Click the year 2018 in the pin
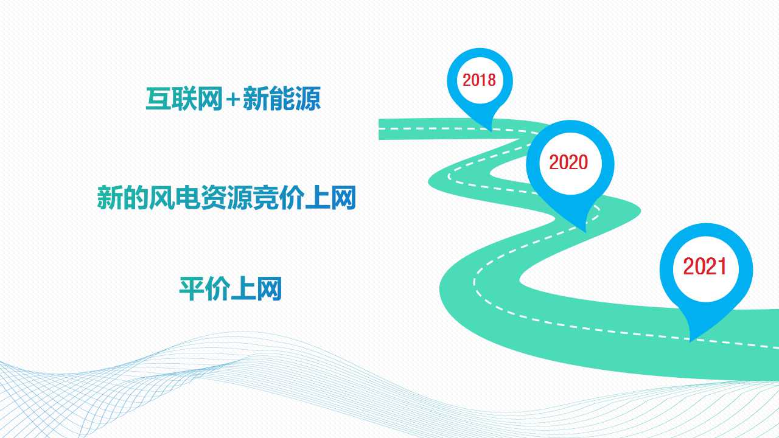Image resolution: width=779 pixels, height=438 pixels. pyautogui.click(x=479, y=80)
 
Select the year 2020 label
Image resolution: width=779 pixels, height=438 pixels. pyautogui.click(x=568, y=162)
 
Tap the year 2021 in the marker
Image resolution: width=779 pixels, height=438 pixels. pyautogui.click(x=705, y=266)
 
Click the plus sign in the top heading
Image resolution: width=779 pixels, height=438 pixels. pyautogui.click(x=232, y=99)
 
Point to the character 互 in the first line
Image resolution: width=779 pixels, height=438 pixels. pyautogui.click(x=158, y=99)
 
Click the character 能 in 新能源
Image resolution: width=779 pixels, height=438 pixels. pyautogui.click(x=282, y=99)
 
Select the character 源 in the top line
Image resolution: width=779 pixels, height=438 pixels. pyautogui.click(x=307, y=99)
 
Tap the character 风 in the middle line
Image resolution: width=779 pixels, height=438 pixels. pyautogui.click(x=162, y=198)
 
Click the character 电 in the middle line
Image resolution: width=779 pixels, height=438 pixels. pyautogui.click(x=188, y=198)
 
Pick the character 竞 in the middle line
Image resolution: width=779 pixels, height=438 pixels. pyautogui.click(x=266, y=198)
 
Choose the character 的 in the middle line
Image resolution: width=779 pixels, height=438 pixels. pyautogui.click(x=136, y=198)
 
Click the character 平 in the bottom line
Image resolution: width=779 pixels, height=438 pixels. pyautogui.click(x=192, y=288)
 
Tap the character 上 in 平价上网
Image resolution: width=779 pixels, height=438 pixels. pyautogui.click(x=243, y=288)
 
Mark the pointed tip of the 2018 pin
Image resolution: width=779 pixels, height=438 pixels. pyautogui.click(x=491, y=131)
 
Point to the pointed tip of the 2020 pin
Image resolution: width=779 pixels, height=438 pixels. pyautogui.click(x=585, y=232)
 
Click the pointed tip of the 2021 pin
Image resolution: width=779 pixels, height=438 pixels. pyautogui.click(x=690, y=342)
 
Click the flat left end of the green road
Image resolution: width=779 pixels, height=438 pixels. pyautogui.click(x=379, y=130)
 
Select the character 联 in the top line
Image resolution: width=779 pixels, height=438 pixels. pyautogui.click(x=184, y=99)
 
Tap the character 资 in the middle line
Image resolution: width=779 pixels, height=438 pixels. pyautogui.click(x=214, y=198)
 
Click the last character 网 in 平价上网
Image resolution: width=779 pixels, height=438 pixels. pyautogui.click(x=269, y=288)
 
